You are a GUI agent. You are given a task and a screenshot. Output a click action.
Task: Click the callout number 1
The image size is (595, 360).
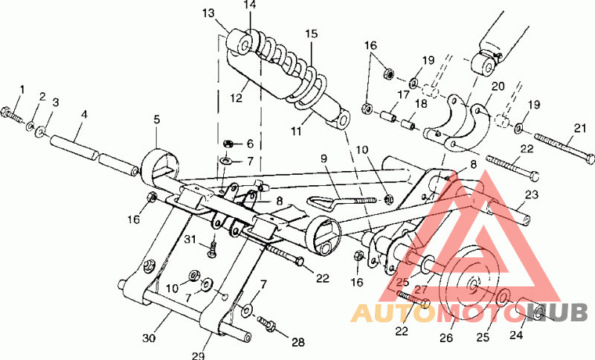pyautogui.click(x=22, y=90)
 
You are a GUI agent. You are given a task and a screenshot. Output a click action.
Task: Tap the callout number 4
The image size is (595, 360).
pyautogui.click(x=84, y=115)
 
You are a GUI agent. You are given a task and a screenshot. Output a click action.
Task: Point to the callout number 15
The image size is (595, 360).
pyautogui.click(x=311, y=33)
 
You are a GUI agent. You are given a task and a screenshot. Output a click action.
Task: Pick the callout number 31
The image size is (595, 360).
pyautogui.click(x=190, y=238)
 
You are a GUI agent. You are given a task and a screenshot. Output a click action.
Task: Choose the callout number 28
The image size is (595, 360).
pyautogui.click(x=298, y=343)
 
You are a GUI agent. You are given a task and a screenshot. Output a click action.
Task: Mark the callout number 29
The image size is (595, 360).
pyautogui.click(x=197, y=356)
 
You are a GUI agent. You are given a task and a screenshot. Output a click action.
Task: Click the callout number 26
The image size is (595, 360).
pyautogui.click(x=446, y=338)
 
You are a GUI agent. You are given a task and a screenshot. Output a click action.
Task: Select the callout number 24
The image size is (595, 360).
pyautogui.click(x=515, y=335)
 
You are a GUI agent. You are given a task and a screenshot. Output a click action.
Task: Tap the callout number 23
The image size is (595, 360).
pyautogui.click(x=531, y=196)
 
